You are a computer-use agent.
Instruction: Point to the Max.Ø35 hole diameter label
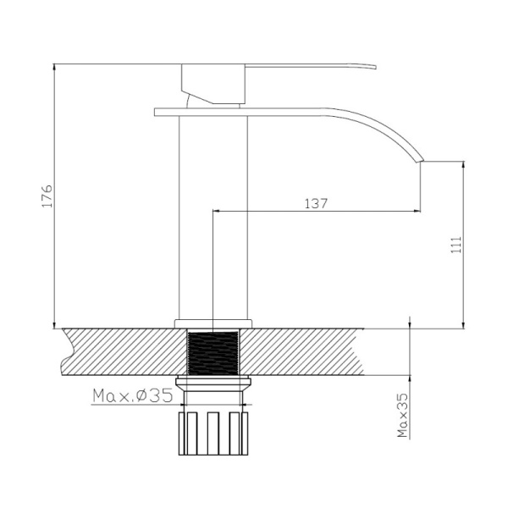click(133, 395)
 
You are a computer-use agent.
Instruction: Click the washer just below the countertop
click(214, 380)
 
